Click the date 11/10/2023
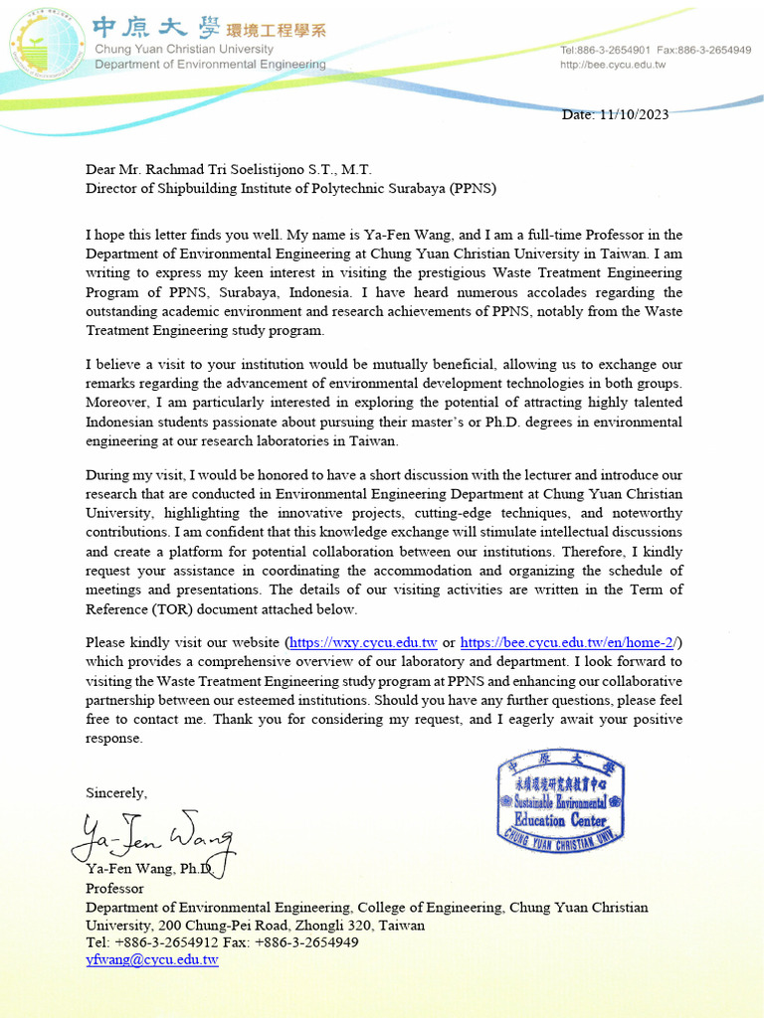(634, 114)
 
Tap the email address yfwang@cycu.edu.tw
(151, 960)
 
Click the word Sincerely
(115, 793)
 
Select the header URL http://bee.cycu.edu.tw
(613, 65)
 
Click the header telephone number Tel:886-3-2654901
(605, 50)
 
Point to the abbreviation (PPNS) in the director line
(473, 188)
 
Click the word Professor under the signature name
(114, 889)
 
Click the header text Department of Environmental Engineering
(210, 65)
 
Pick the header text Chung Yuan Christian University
(184, 50)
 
